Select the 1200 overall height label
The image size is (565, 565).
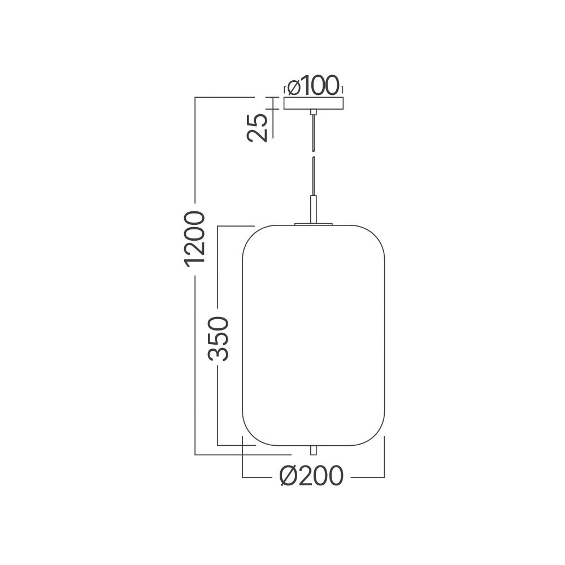click(194, 238)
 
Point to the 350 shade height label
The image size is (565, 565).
click(218, 338)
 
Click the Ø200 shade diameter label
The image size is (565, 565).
click(311, 477)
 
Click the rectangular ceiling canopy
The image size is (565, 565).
click(314, 104)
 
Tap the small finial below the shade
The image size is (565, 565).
click(314, 450)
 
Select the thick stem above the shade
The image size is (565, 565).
click(314, 208)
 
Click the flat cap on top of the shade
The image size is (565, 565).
click(314, 224)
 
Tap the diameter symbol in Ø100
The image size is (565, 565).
click(294, 86)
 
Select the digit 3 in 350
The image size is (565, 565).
click(218, 354)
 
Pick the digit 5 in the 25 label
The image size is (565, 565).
click(257, 120)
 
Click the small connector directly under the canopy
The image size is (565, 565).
click(314, 113)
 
